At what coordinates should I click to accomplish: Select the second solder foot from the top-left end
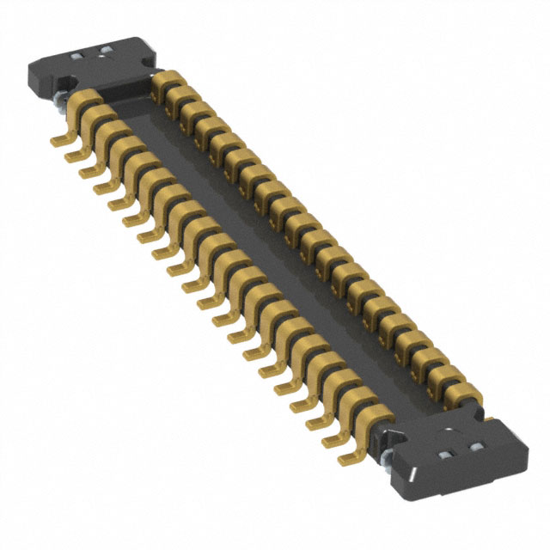(x=72, y=153)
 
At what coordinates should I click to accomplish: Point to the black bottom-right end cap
(x=455, y=455)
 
